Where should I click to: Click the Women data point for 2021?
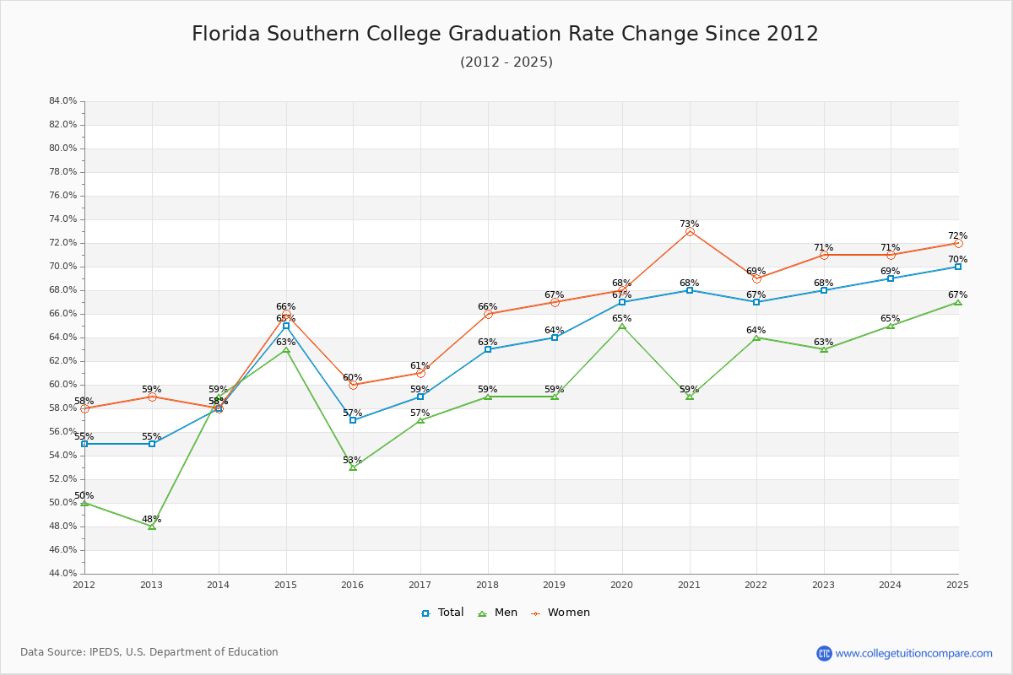[x=690, y=231]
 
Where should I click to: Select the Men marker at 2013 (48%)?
[x=152, y=526]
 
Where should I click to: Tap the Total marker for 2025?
[x=958, y=267]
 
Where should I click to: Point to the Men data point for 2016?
[x=353, y=467]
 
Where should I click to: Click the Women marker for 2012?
[x=84, y=408]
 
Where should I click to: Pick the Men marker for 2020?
[x=622, y=326]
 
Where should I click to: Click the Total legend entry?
[x=442, y=613]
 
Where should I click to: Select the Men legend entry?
[x=500, y=613]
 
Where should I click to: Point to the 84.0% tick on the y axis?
[x=63, y=101]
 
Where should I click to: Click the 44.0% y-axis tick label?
[x=63, y=574]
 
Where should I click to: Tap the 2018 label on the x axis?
[x=487, y=585]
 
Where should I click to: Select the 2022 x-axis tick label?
[x=756, y=585]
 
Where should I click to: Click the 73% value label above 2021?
[x=690, y=224]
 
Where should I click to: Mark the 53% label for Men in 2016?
[x=352, y=461]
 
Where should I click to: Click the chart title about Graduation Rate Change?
[x=505, y=34]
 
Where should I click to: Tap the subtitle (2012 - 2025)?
[x=506, y=62]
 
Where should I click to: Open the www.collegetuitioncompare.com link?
[x=913, y=653]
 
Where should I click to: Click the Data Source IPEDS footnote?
[x=149, y=652]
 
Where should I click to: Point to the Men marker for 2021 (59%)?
[x=690, y=397]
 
